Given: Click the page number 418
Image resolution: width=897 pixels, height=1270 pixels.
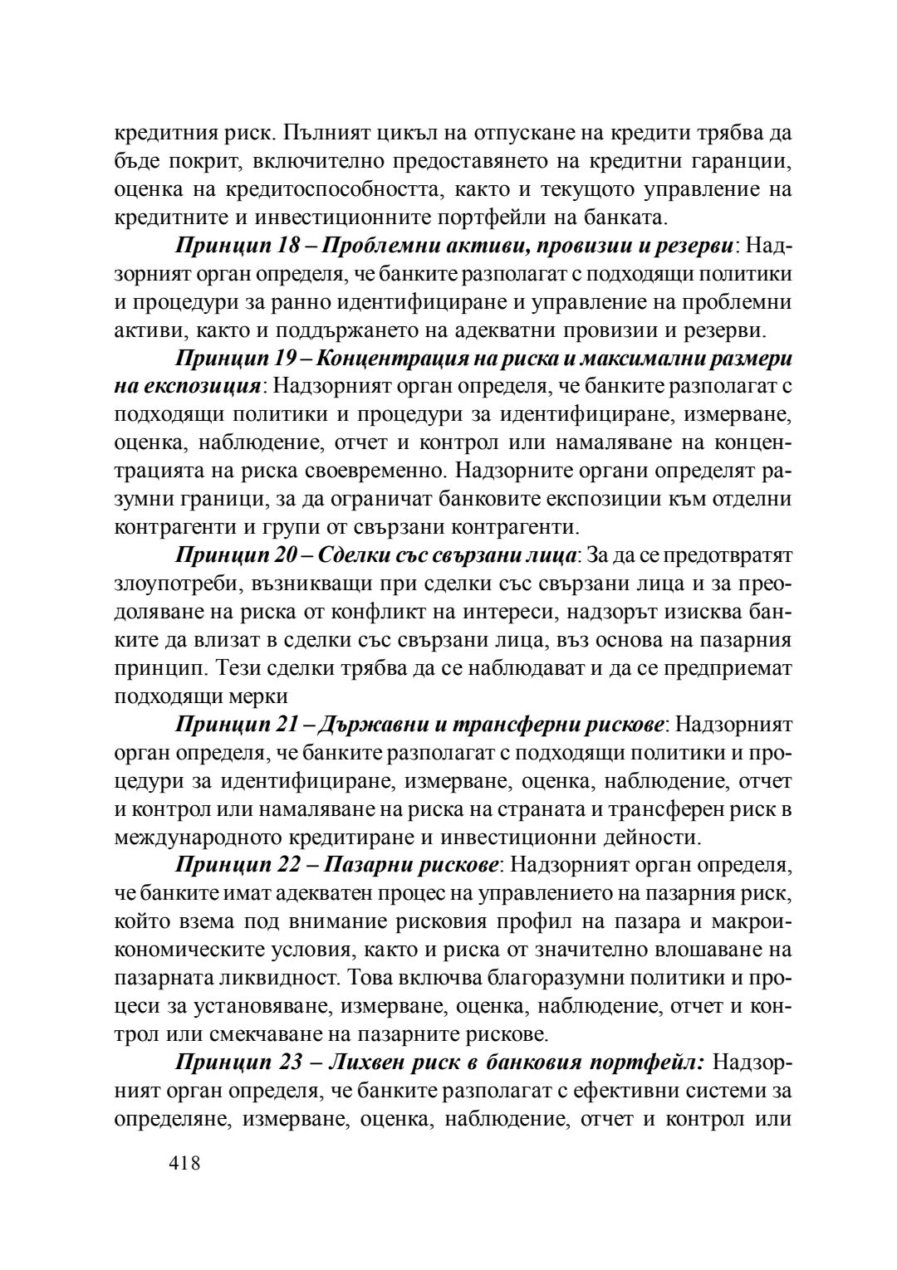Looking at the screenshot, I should [184, 1163].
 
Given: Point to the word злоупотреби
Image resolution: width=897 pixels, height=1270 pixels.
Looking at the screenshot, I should [171, 584].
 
